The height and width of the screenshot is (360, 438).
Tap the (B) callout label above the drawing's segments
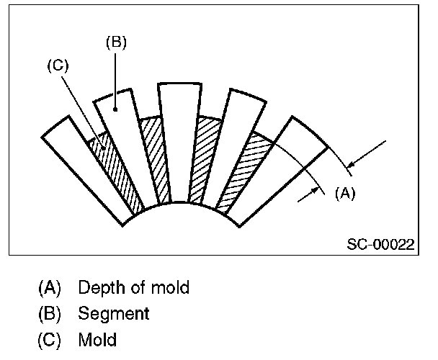[116, 42]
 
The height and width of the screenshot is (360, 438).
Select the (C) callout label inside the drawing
[57, 66]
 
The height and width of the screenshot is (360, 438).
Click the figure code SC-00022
[380, 244]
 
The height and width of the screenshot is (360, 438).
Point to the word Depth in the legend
[99, 288]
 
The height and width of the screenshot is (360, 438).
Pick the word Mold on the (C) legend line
[97, 339]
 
